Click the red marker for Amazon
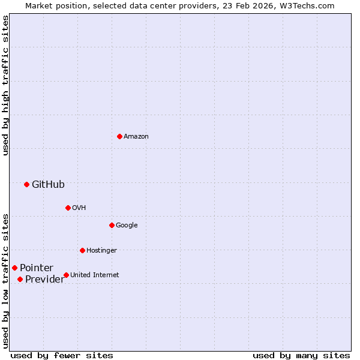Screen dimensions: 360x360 click(119, 136)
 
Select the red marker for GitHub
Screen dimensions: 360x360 click(26, 184)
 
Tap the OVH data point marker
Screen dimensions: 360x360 click(68, 208)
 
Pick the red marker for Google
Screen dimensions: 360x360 click(112, 225)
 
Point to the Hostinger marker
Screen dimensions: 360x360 click(82, 250)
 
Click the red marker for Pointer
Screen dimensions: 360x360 click(14, 268)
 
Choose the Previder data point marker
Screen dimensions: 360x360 click(20, 279)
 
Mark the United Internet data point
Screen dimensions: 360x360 click(66, 275)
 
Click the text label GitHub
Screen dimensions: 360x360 click(48, 185)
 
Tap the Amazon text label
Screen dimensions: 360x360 click(136, 137)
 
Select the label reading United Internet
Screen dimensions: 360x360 click(95, 275)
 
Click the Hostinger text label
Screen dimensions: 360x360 click(101, 251)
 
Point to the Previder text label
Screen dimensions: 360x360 click(44, 280)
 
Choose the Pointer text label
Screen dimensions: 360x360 click(37, 268)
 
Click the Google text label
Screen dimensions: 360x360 click(127, 226)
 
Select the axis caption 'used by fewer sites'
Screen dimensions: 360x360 click(62, 355)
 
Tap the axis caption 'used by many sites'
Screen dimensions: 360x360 click(301, 355)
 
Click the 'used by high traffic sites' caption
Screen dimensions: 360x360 click(5, 86)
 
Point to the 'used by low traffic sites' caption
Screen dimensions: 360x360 click(5, 281)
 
